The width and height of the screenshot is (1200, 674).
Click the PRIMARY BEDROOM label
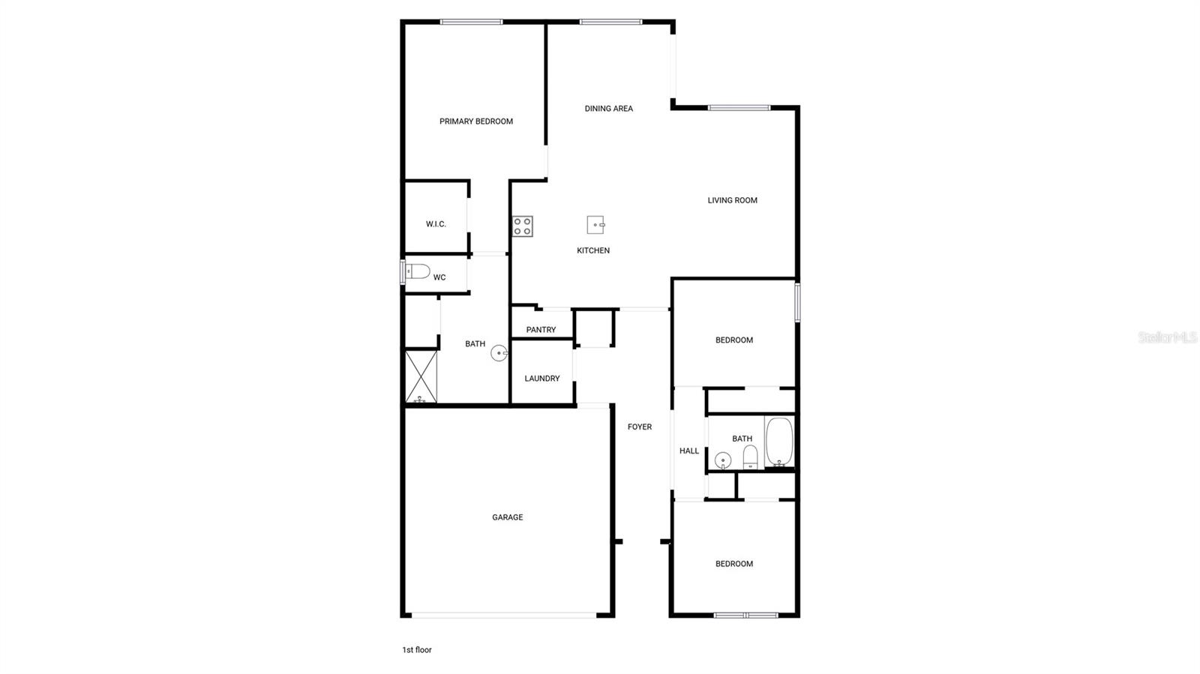pyautogui.click(x=476, y=121)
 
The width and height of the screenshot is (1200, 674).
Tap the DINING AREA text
pyautogui.click(x=608, y=109)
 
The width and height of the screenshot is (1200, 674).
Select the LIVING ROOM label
pyautogui.click(x=732, y=200)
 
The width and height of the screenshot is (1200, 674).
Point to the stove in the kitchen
pyautogui.click(x=523, y=226)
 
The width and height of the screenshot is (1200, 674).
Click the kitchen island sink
pyautogui.click(x=595, y=225)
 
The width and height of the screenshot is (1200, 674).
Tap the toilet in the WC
pyautogui.click(x=417, y=271)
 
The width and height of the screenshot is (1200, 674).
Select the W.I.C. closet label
pyautogui.click(x=436, y=224)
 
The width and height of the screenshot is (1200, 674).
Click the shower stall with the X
pyautogui.click(x=421, y=376)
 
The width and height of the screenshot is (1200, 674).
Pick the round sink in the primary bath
pyautogui.click(x=499, y=353)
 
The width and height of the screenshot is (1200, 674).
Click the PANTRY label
pyautogui.click(x=541, y=330)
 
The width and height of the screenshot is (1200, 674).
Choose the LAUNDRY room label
pyautogui.click(x=541, y=379)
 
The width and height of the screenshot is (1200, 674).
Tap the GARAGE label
pyautogui.click(x=507, y=517)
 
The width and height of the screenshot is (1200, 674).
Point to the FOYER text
pyautogui.click(x=640, y=427)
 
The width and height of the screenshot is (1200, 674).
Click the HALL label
pyautogui.click(x=688, y=451)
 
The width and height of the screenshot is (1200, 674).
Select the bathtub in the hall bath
pyautogui.click(x=779, y=442)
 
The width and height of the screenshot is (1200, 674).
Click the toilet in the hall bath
pyautogui.click(x=750, y=457)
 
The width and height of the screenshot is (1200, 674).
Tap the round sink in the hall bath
pyautogui.click(x=723, y=460)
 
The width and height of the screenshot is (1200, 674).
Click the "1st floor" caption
pyautogui.click(x=417, y=650)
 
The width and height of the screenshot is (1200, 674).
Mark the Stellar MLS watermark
pyautogui.click(x=1167, y=338)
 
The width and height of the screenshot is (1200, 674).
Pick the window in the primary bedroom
pyautogui.click(x=471, y=22)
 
